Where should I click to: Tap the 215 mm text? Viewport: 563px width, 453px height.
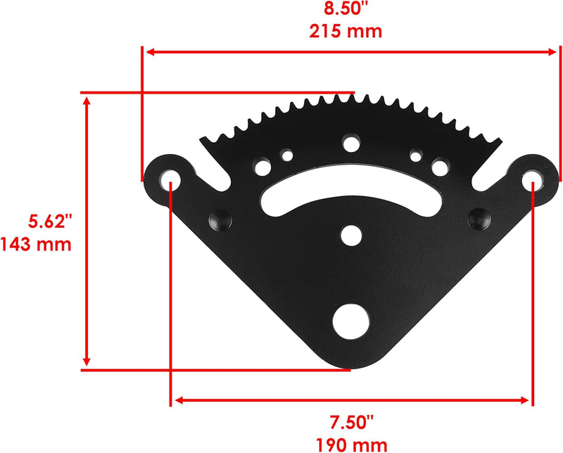tap(344, 32)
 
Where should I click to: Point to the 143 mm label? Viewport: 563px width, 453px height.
tap(37, 245)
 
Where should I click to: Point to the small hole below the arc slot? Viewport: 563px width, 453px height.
tap(350, 233)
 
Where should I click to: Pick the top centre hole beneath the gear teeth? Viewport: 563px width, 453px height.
tap(350, 144)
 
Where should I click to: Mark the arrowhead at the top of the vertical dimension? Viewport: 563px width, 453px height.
tap(87, 100)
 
